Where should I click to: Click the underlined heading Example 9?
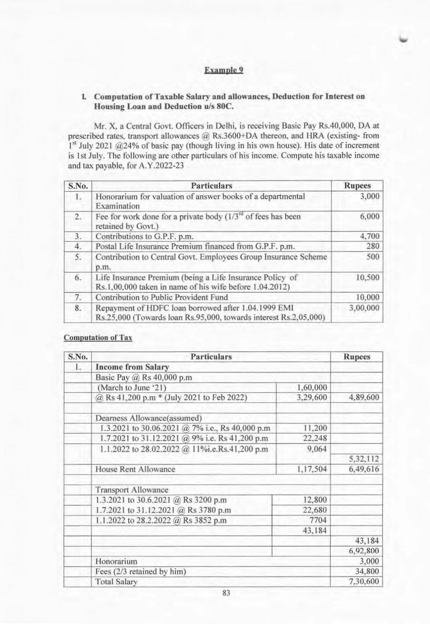pyautogui.click(x=224, y=70)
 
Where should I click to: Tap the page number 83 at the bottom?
pyautogui.click(x=226, y=593)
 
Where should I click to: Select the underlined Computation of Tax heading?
pyautogui.click(x=98, y=338)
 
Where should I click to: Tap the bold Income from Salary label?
pyautogui.click(x=132, y=367)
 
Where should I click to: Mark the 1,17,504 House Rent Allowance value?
pyautogui.click(x=312, y=469)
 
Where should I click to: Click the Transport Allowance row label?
pyautogui.click(x=132, y=490)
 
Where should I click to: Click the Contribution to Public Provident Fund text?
pyautogui.click(x=161, y=297)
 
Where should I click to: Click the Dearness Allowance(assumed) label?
pyautogui.click(x=149, y=418)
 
